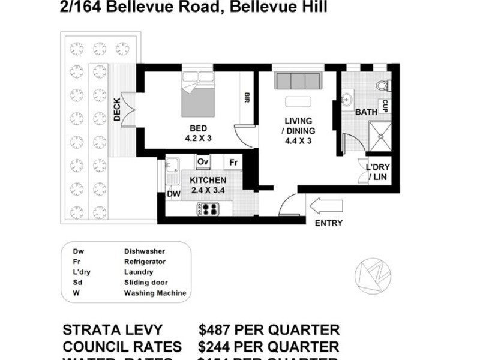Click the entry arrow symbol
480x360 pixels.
325,206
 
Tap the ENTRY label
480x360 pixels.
328,223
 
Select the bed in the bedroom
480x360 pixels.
198,97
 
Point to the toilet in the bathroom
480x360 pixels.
383,85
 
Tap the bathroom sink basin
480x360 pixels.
347,99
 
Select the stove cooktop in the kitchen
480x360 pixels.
209,209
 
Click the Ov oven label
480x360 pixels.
203,162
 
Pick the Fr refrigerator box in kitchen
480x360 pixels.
233,162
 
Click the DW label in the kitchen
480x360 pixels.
173,194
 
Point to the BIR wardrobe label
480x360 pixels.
246,98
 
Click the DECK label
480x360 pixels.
117,110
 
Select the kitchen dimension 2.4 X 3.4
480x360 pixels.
208,191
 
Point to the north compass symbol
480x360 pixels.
372,277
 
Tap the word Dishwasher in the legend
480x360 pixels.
145,251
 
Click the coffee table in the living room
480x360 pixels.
298,101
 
